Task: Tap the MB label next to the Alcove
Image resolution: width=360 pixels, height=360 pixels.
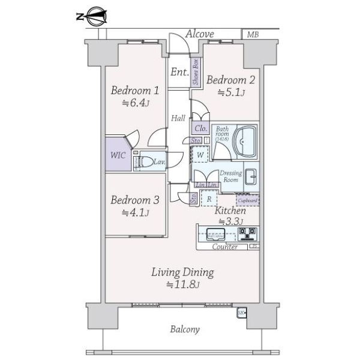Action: pyautogui.click(x=253, y=35)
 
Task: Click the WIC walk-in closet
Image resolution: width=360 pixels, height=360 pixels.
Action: pyautogui.click(x=118, y=154)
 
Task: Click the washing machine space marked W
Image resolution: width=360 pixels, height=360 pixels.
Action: pyautogui.click(x=200, y=155)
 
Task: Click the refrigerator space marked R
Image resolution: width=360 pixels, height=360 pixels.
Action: pyautogui.click(x=208, y=198)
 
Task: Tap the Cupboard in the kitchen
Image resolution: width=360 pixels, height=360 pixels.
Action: pyautogui.click(x=248, y=200)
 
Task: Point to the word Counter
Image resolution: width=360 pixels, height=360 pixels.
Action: pyautogui.click(x=225, y=247)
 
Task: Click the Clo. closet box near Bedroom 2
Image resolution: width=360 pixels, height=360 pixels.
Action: pyautogui.click(x=200, y=128)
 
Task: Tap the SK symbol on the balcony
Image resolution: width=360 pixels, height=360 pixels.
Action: pyautogui.click(x=241, y=313)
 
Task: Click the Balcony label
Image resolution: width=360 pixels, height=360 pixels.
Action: pyautogui.click(x=185, y=329)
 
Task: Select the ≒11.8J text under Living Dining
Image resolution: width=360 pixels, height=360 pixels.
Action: pyautogui.click(x=182, y=284)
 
